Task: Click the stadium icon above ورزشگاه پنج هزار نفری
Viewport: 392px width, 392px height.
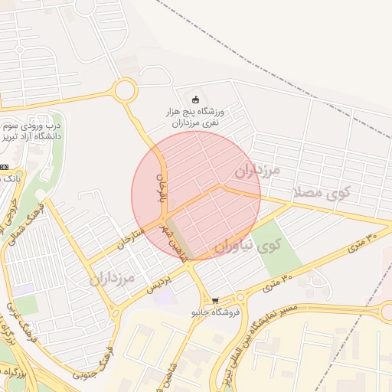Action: pyautogui.click(x=195, y=98)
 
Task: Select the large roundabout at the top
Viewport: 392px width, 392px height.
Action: pyautogui.click(x=124, y=90)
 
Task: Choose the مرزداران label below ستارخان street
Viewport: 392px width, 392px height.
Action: pyautogui.click(x=110, y=276)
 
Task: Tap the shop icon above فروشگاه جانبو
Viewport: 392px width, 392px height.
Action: pyautogui.click(x=216, y=302)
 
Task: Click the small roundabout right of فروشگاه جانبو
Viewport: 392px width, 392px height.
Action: pyautogui.click(x=240, y=298)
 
